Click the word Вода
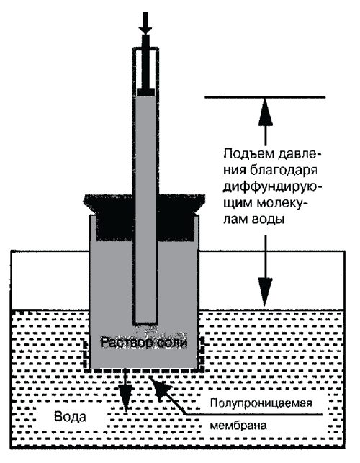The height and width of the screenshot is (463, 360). pos(71,417)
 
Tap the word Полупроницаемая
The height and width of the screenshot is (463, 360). pos(261,403)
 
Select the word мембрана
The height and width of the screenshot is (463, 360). pos(238,426)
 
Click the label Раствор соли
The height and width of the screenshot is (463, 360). pos(144,343)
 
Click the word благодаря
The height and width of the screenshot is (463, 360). pos(283,171)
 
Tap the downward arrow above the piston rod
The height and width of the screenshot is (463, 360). pos(145,23)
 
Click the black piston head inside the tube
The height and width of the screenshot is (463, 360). pos(145,92)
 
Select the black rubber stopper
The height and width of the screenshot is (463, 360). pos(145,217)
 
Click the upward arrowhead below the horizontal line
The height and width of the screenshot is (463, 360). pos(265,112)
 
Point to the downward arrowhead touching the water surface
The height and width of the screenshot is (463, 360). pos(265,292)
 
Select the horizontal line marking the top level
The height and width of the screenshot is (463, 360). pos(265,97)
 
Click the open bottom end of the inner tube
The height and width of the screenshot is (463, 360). pos(145,323)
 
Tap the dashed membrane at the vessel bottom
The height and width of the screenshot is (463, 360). pos(144,369)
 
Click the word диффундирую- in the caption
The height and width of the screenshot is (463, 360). pos(272,188)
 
